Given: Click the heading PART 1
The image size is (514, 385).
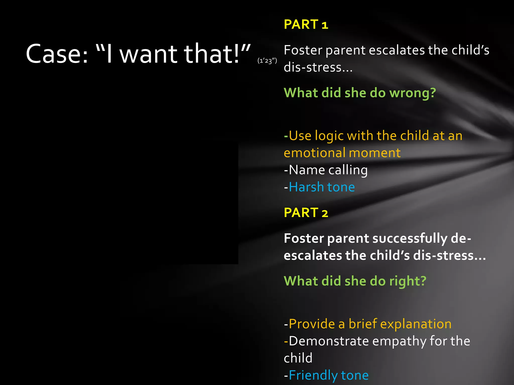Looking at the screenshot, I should (306, 25).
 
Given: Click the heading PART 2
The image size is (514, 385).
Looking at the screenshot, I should (306, 213).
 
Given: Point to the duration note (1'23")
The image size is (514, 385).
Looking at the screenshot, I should (267, 61).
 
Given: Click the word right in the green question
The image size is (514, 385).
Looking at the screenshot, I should (408, 281).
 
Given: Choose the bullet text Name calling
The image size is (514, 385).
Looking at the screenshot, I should (326, 170).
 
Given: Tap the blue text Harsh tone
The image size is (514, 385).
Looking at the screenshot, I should (322, 187).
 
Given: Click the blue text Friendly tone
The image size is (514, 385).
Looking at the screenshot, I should (329, 375).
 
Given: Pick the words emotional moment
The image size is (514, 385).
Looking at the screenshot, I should (342, 153).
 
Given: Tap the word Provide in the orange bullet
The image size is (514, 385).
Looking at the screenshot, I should (312, 324).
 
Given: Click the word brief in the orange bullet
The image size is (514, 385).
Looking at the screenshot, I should (362, 324).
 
